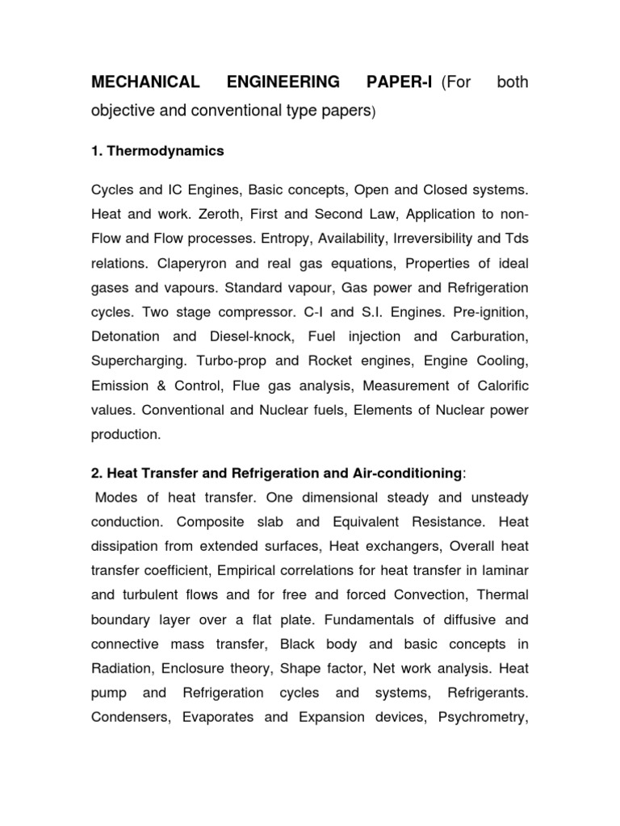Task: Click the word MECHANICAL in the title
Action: point(145,83)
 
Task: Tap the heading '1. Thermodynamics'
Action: point(157,151)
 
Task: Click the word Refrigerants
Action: point(488,693)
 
